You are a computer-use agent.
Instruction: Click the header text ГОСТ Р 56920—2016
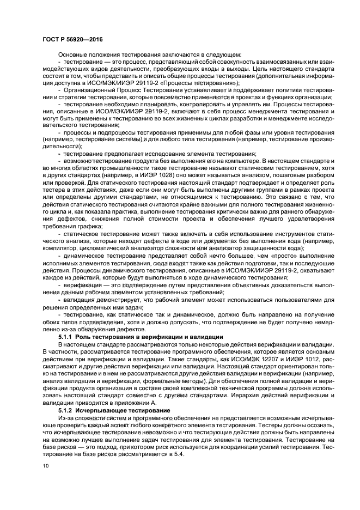click(x=72, y=40)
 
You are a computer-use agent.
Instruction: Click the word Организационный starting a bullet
click(x=91, y=89)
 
